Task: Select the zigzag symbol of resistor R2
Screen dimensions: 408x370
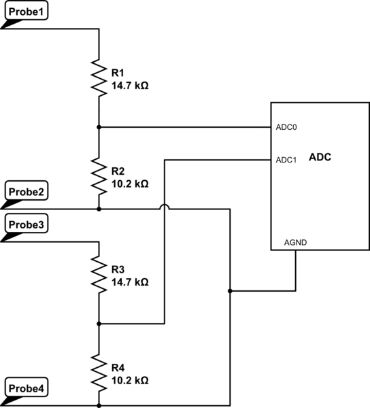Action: (x=99, y=175)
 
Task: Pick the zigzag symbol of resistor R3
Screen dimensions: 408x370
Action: (x=99, y=273)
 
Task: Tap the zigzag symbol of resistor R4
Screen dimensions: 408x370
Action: (x=99, y=372)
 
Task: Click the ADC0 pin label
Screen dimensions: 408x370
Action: (x=286, y=127)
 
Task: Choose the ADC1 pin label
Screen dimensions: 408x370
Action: (x=286, y=160)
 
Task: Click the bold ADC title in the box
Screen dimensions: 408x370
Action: (x=320, y=156)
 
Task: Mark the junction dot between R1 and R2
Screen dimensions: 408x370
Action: (x=99, y=127)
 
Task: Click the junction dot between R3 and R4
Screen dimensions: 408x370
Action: (x=99, y=324)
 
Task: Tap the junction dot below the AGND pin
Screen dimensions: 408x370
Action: (x=231, y=291)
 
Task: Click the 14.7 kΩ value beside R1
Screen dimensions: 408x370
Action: (x=129, y=87)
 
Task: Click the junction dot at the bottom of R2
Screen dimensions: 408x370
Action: (x=99, y=209)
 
